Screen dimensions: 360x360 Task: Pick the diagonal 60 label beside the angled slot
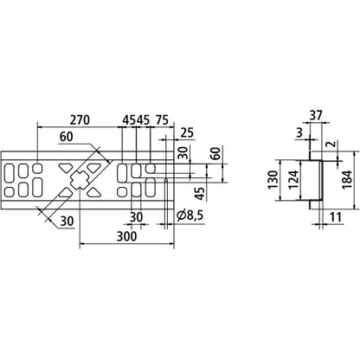click(x=68, y=138)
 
